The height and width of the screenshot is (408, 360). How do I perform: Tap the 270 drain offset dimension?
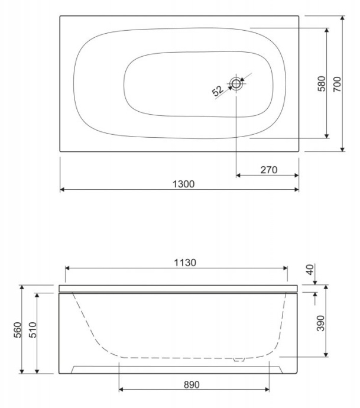(269, 170)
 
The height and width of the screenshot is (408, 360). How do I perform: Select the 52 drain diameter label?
(217, 90)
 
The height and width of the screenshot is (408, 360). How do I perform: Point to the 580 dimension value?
(320, 83)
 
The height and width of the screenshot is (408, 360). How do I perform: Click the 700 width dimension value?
(337, 83)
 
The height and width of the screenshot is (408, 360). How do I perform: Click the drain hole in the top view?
(236, 83)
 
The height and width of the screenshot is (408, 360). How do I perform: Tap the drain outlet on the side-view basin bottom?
(239, 358)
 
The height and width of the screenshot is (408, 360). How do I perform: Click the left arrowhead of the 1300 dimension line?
(63, 190)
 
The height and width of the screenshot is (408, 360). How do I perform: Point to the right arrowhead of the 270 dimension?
(296, 176)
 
